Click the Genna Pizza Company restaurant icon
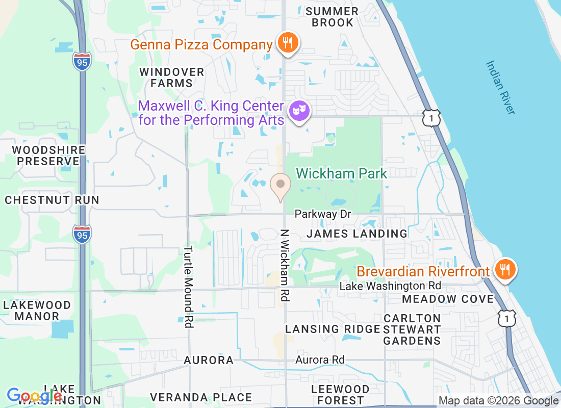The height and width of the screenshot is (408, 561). point(288,42)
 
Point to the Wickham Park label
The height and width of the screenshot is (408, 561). point(341,173)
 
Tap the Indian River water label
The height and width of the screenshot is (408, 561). point(500,87)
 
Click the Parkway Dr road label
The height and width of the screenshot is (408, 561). point(323,214)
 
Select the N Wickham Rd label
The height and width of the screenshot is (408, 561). point(285,264)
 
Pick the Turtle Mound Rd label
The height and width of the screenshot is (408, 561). point(188,287)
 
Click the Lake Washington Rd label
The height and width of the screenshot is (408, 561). point(390,286)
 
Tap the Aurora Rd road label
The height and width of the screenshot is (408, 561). point(320,360)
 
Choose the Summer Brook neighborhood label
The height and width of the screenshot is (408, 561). point(333,17)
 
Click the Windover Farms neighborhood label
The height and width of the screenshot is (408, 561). point(172,78)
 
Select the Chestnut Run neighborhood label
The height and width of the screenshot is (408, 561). point(52,199)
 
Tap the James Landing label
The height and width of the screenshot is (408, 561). point(357,234)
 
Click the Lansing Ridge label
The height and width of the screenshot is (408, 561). point(333,329)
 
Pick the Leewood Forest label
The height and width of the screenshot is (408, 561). point(340,395)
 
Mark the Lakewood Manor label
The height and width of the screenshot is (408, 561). point(37,311)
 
